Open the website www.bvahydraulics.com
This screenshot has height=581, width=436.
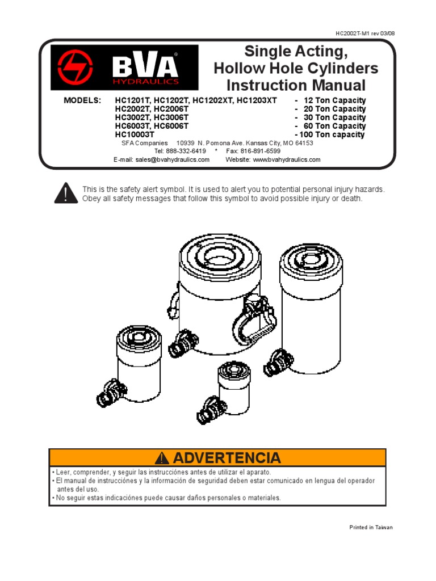(x=286, y=160)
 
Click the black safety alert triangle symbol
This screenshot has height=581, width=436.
(x=66, y=193)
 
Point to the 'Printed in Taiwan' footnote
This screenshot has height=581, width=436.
(x=371, y=527)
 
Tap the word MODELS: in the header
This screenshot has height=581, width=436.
(x=82, y=100)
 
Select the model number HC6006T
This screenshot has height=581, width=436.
(x=171, y=126)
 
